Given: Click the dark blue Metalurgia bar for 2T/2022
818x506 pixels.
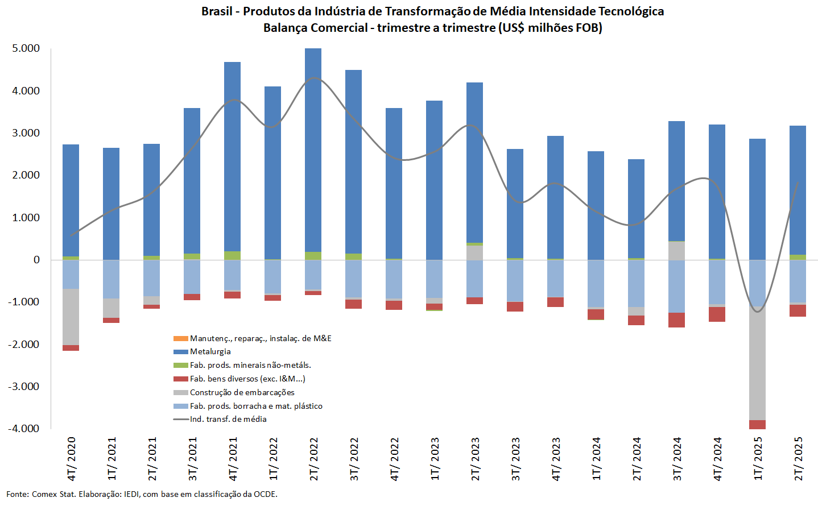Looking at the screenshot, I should (x=313, y=150).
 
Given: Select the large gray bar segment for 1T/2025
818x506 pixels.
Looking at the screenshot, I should (x=757, y=364).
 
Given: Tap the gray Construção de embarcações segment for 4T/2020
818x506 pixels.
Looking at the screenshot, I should (x=71, y=317).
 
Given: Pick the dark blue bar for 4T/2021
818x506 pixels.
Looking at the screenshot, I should (x=233, y=156).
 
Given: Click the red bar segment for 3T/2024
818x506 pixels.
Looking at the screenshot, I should (x=676, y=320).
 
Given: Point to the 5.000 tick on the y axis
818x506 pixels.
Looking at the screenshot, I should (x=26, y=48).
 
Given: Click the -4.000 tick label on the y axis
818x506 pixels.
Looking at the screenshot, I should (x=24, y=429).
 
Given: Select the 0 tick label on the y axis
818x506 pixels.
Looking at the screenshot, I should (x=36, y=260).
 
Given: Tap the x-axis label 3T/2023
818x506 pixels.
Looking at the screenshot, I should (x=516, y=459).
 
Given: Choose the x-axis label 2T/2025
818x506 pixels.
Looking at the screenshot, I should (x=799, y=459).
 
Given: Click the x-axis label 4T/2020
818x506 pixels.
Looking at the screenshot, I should (x=71, y=459).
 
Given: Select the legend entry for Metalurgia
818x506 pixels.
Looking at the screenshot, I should (x=210, y=352).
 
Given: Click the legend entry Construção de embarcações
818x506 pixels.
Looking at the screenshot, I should (x=242, y=392).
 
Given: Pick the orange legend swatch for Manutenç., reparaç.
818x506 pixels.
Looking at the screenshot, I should (x=180, y=338).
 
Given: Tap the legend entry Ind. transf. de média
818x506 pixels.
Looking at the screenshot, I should (x=228, y=419).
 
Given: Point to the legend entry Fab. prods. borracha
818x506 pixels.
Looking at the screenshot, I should (x=255, y=406).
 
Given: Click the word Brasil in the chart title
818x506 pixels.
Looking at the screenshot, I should (x=217, y=11).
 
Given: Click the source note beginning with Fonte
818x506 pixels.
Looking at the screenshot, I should (x=142, y=494).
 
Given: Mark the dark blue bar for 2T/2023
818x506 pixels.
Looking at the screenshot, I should (x=475, y=162).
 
